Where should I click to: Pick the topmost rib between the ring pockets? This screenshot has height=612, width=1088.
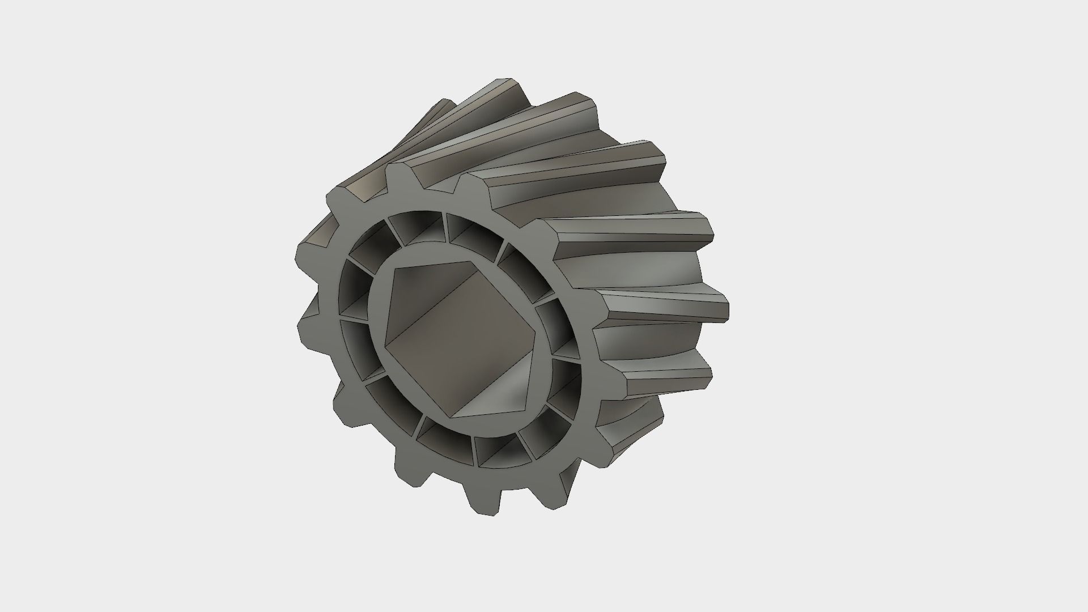point(444,227)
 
